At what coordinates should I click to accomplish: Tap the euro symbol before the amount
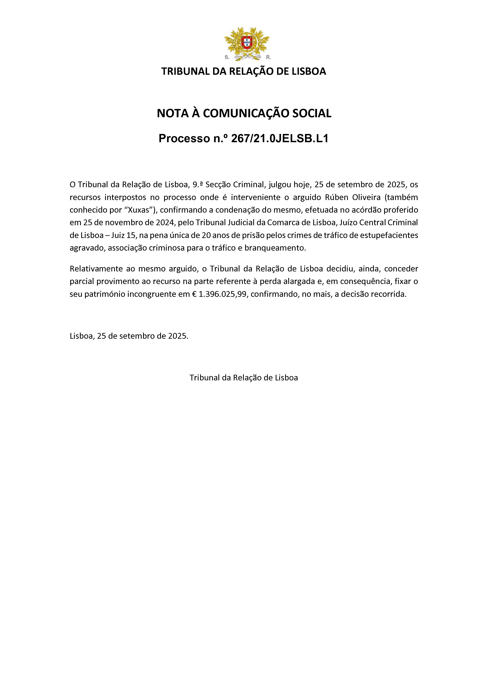pyautogui.click(x=195, y=294)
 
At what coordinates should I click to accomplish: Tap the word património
pyautogui.click(x=105, y=294)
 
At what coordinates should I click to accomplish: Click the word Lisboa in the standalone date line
pyautogui.click(x=82, y=336)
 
